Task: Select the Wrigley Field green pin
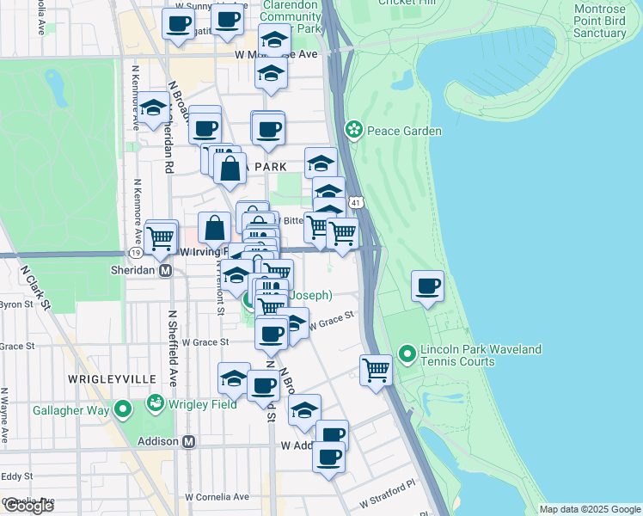[156, 402]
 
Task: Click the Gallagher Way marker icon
[123, 410]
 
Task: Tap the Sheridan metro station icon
[167, 269]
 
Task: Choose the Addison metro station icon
[189, 441]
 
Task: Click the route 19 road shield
[136, 252]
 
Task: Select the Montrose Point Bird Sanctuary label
[598, 21]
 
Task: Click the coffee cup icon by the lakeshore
[427, 286]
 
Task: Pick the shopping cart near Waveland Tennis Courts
[376, 371]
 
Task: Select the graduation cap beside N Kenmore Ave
[154, 107]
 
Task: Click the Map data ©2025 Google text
[590, 509]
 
